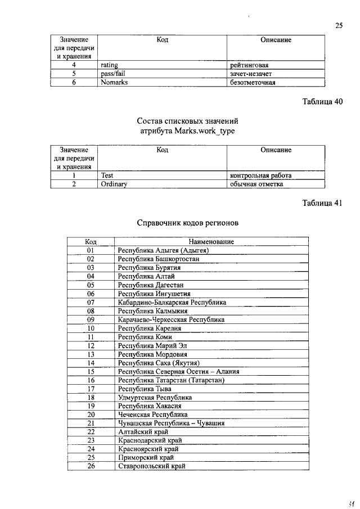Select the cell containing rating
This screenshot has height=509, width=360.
coord(109,65)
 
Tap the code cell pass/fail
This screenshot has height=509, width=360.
coord(112,74)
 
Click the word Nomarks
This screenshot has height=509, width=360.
coord(114,82)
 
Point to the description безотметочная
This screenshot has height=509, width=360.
coord(253,82)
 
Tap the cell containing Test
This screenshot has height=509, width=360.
coord(107,175)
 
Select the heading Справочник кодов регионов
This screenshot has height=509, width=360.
coord(188,223)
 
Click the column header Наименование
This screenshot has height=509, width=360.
coord(211,241)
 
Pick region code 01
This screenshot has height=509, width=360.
coord(90,250)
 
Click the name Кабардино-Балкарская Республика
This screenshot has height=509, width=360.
coord(172,302)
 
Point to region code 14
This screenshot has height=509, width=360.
coord(90,363)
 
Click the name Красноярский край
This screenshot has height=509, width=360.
coord(145,449)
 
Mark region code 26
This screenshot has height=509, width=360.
coord(90,466)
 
